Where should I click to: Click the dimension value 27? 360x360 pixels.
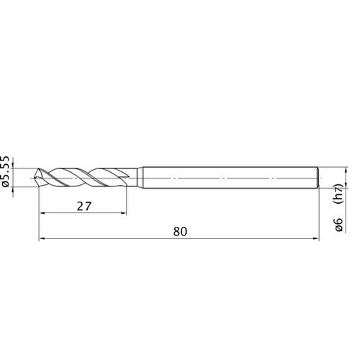[84, 207]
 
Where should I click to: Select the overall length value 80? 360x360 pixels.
[180, 232]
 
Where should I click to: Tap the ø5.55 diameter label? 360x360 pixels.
[5, 171]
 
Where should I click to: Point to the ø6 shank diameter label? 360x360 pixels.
[338, 225]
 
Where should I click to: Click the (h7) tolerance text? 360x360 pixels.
[339, 194]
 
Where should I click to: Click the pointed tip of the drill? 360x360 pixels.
[35, 178]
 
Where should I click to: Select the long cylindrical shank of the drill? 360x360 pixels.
[230, 178]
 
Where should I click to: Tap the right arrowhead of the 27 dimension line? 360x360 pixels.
[123, 213]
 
